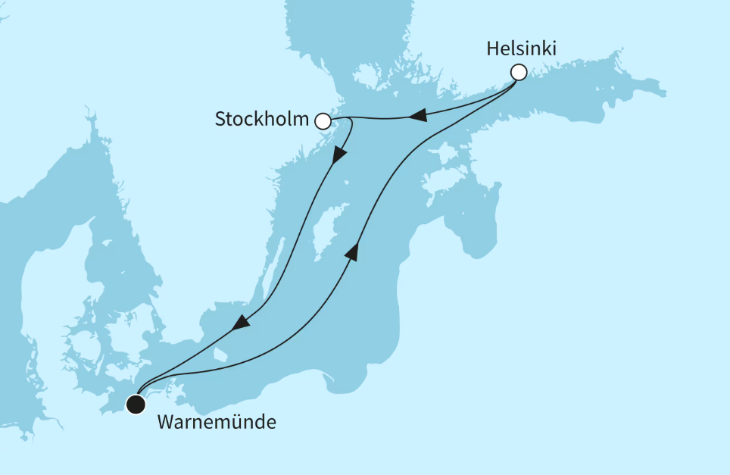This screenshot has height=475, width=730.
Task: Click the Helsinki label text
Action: [522, 49]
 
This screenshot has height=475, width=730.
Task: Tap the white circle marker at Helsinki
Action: [519, 73]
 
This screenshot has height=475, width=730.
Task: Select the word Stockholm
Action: [262, 119]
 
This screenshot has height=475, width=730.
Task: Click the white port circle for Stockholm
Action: [323, 120]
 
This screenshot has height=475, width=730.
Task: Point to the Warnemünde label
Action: [216, 421]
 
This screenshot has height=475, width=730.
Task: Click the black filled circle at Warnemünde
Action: [136, 405]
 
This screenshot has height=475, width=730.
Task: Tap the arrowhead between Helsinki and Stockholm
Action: [417, 116]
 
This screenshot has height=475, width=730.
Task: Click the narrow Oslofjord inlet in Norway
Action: [90, 129]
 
